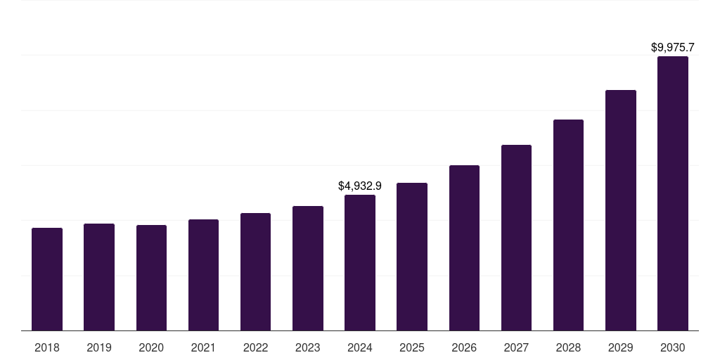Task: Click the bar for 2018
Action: (47, 279)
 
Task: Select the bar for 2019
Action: (99, 277)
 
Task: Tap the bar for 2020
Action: (151, 278)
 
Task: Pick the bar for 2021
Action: (203, 275)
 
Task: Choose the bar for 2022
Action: (255, 271)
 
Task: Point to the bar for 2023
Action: (308, 268)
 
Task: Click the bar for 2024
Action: (360, 262)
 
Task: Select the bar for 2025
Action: (412, 257)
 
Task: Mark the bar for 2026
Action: (464, 247)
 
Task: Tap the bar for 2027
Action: (516, 238)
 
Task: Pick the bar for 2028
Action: (568, 225)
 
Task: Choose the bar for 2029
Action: (621, 210)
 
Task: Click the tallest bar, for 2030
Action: (673, 193)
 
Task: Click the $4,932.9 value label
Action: (360, 186)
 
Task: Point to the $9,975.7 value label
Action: (673, 48)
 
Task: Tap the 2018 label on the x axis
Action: (47, 347)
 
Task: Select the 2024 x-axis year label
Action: (360, 347)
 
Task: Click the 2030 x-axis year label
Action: (673, 347)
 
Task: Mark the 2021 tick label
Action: (203, 347)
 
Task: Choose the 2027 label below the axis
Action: (516, 347)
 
